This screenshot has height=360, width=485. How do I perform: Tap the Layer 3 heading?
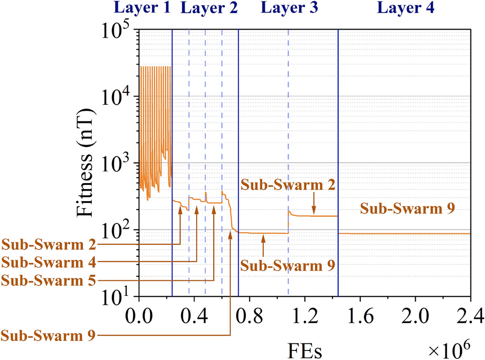click(x=290, y=8)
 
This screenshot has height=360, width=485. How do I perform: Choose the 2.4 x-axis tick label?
click(x=468, y=317)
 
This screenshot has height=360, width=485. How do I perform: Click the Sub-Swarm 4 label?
click(x=49, y=262)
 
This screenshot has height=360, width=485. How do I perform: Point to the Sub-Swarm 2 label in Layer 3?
click(x=287, y=185)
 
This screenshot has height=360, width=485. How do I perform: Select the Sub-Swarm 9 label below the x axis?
click(x=49, y=335)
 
